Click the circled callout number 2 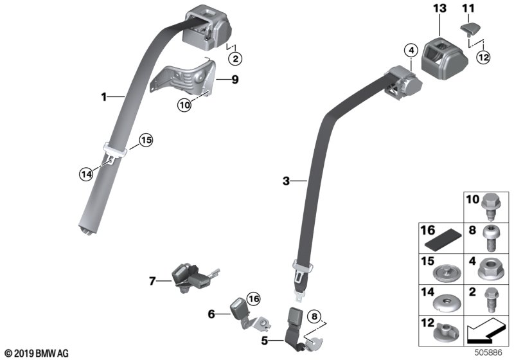coord(236,59)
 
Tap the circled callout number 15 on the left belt coord(146,139)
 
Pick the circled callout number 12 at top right coord(483,57)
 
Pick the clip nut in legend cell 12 coord(445,332)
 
